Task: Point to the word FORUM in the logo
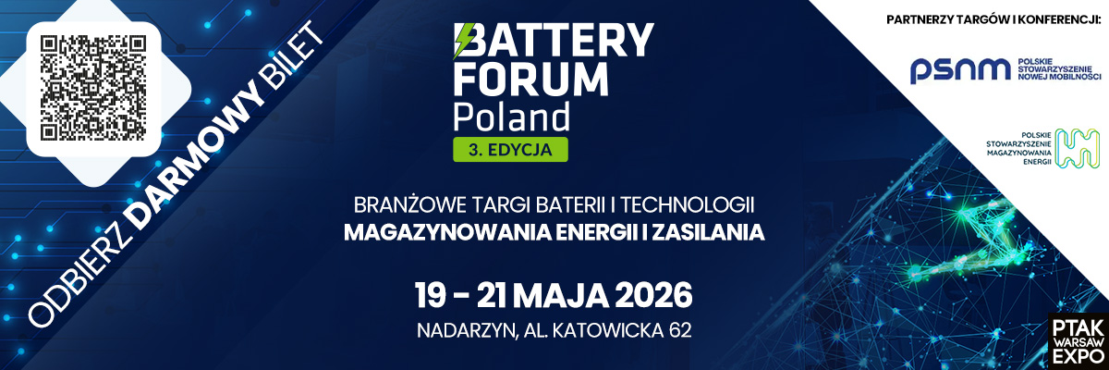[531, 81]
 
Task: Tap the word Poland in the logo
[510, 118]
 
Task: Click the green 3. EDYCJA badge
[509, 148]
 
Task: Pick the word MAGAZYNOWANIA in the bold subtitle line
[439, 231]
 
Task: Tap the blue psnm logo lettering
[956, 69]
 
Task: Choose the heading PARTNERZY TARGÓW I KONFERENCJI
[992, 19]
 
